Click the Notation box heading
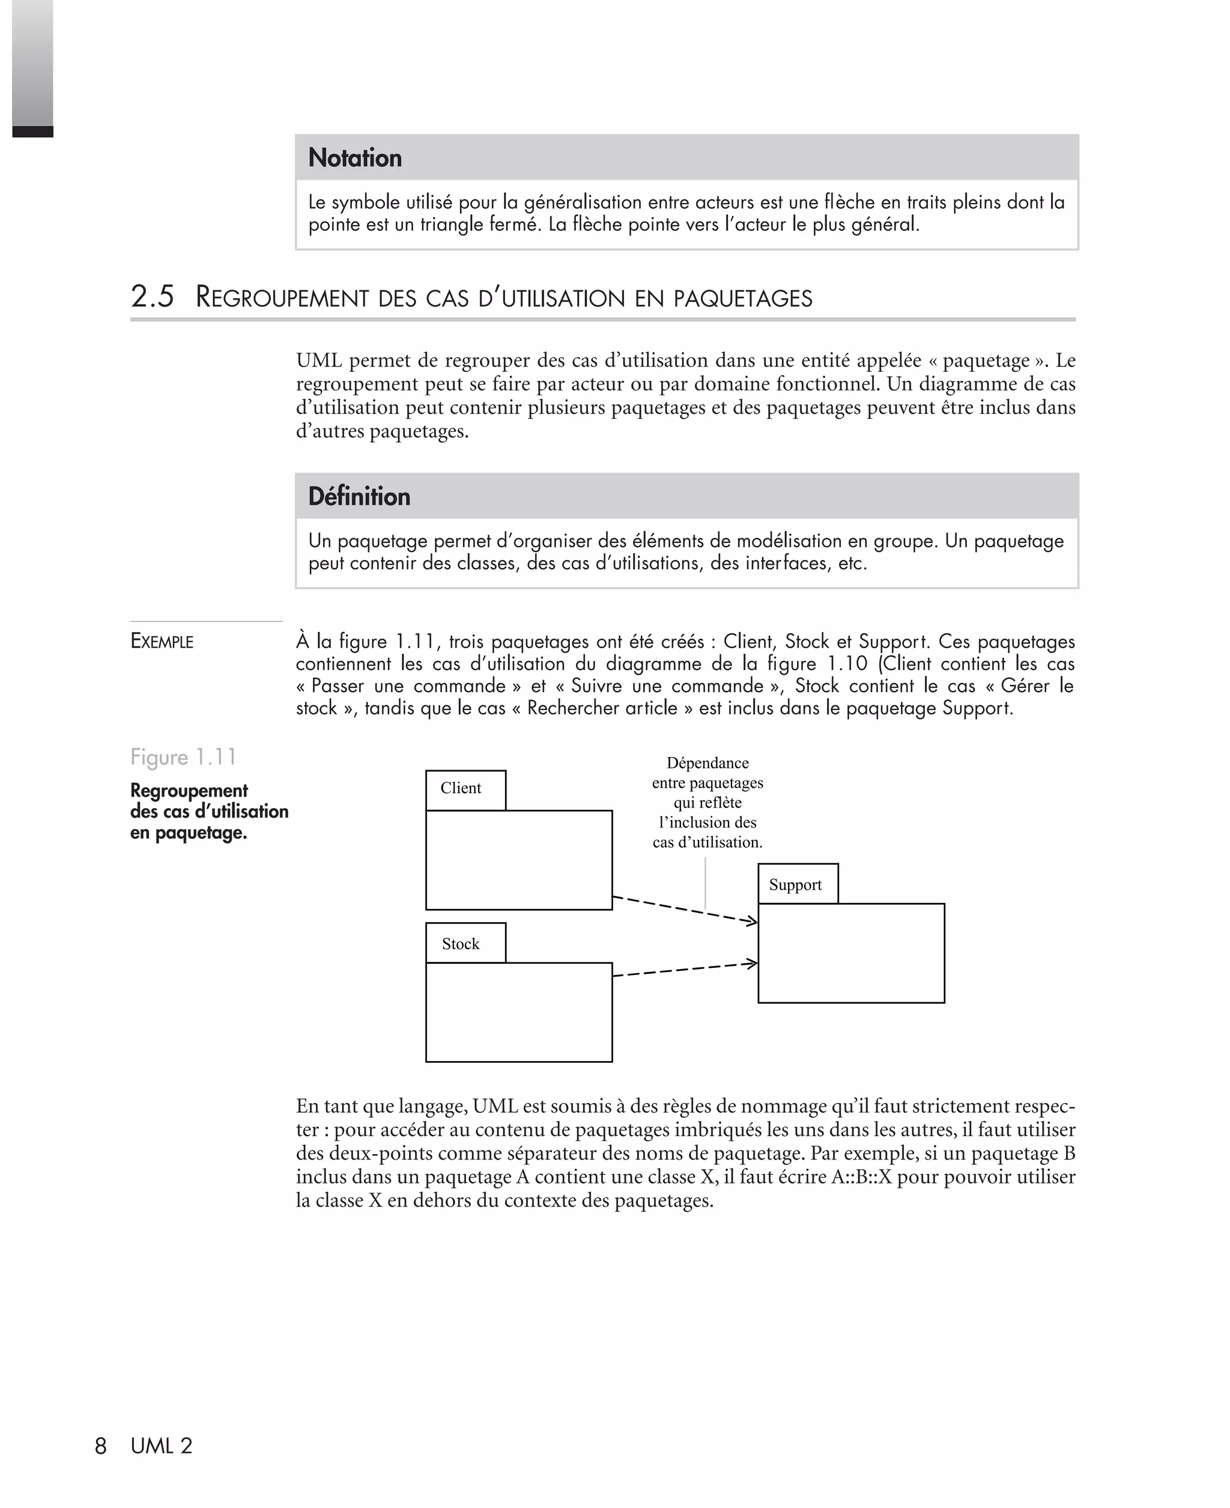click(x=354, y=157)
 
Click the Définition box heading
click(x=359, y=496)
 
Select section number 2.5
click(x=153, y=296)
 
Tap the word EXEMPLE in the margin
click(x=162, y=641)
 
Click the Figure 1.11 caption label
click(x=183, y=757)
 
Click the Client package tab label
click(x=461, y=788)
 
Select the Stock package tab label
click(x=461, y=944)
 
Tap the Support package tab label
click(x=795, y=884)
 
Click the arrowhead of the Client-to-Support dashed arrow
click(x=753, y=921)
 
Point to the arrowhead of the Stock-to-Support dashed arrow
click(x=753, y=963)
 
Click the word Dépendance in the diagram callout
click(x=707, y=763)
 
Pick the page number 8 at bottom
click(x=101, y=1446)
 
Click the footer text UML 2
click(x=162, y=1446)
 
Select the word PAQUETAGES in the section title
click(x=742, y=299)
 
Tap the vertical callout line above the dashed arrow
click(x=705, y=882)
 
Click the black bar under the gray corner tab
click(x=32, y=132)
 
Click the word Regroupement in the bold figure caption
click(x=189, y=790)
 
